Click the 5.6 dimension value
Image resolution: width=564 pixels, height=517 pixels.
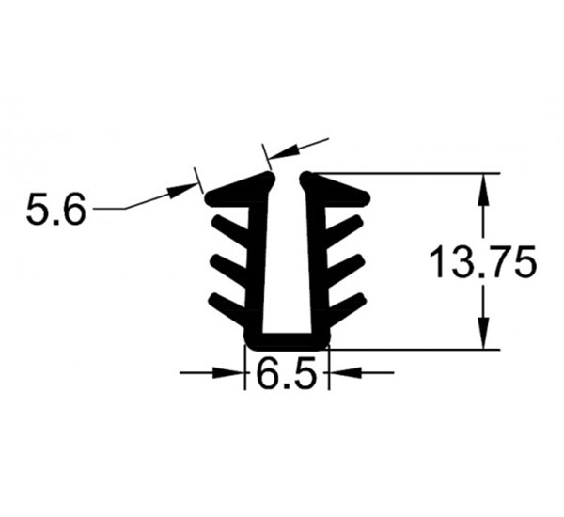pos(56,209)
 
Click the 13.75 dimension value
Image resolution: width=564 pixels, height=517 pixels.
pos(483,261)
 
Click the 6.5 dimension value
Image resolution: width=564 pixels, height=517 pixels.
pos(287,372)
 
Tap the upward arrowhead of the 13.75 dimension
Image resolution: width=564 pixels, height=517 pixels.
pos(483,190)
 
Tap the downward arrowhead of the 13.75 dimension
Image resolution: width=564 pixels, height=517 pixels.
pos(483,333)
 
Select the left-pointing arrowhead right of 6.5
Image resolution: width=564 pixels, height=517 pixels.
pos(345,373)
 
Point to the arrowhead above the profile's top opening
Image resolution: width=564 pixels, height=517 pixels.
pos(284,152)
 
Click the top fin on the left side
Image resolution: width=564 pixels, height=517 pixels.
pos(230,230)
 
